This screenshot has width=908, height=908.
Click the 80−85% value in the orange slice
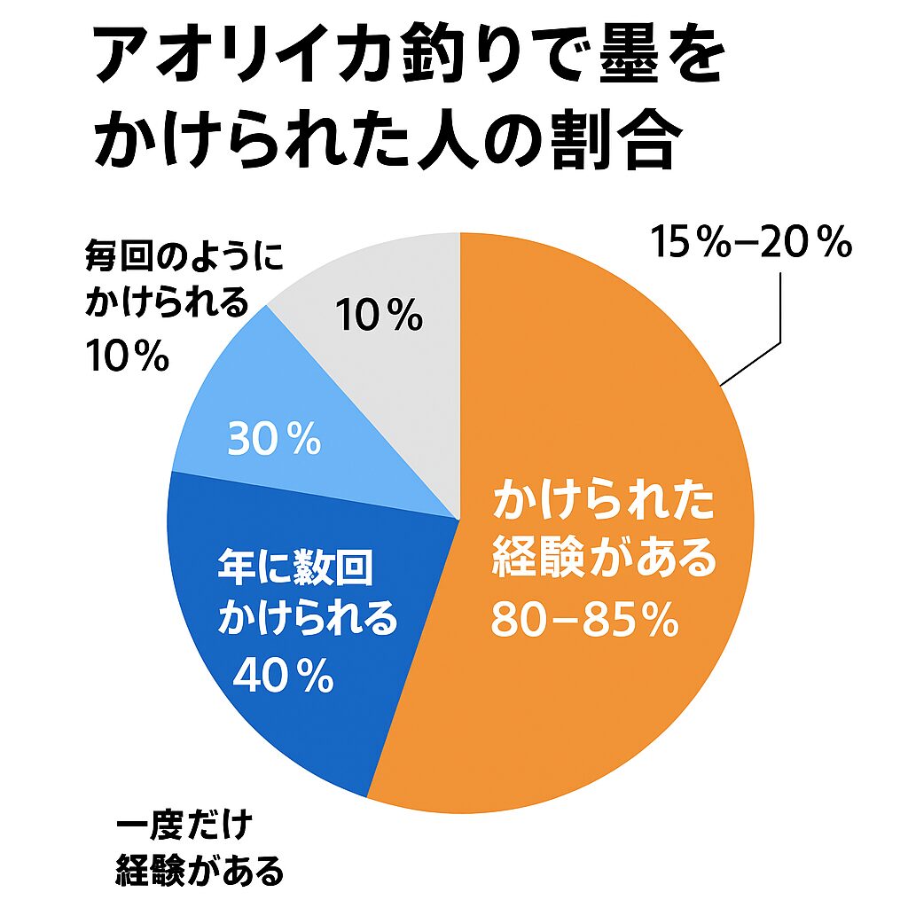(x=585, y=622)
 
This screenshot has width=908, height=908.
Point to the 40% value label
(x=283, y=677)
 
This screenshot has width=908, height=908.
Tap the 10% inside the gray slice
(x=379, y=317)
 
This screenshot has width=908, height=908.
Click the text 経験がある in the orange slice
(x=604, y=560)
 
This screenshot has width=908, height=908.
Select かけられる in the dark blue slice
(x=308, y=619)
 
